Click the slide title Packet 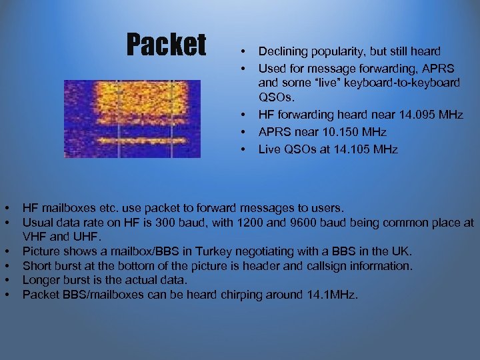click(x=167, y=45)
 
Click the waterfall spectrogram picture click(x=132, y=119)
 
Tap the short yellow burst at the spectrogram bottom click(x=132, y=141)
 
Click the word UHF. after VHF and click(x=87, y=237)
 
